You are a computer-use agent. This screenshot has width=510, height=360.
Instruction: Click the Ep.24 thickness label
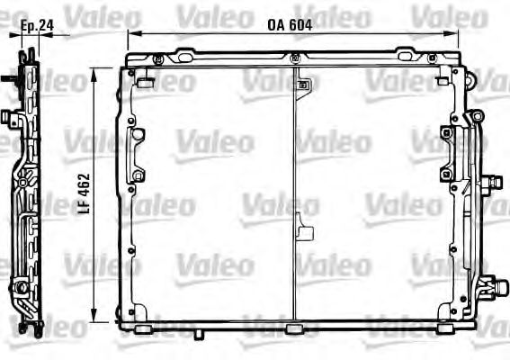(35, 25)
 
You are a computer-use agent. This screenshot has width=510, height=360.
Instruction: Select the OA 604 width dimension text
(289, 25)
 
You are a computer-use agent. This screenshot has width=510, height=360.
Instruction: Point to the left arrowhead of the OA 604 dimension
(131, 34)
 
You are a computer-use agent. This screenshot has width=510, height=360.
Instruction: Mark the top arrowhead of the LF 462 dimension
(94, 70)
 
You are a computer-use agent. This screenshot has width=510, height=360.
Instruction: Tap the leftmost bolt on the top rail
(157, 59)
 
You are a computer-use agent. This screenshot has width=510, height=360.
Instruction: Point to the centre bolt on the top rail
(295, 59)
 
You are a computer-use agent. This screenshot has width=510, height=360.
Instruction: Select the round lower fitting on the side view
(19, 288)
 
